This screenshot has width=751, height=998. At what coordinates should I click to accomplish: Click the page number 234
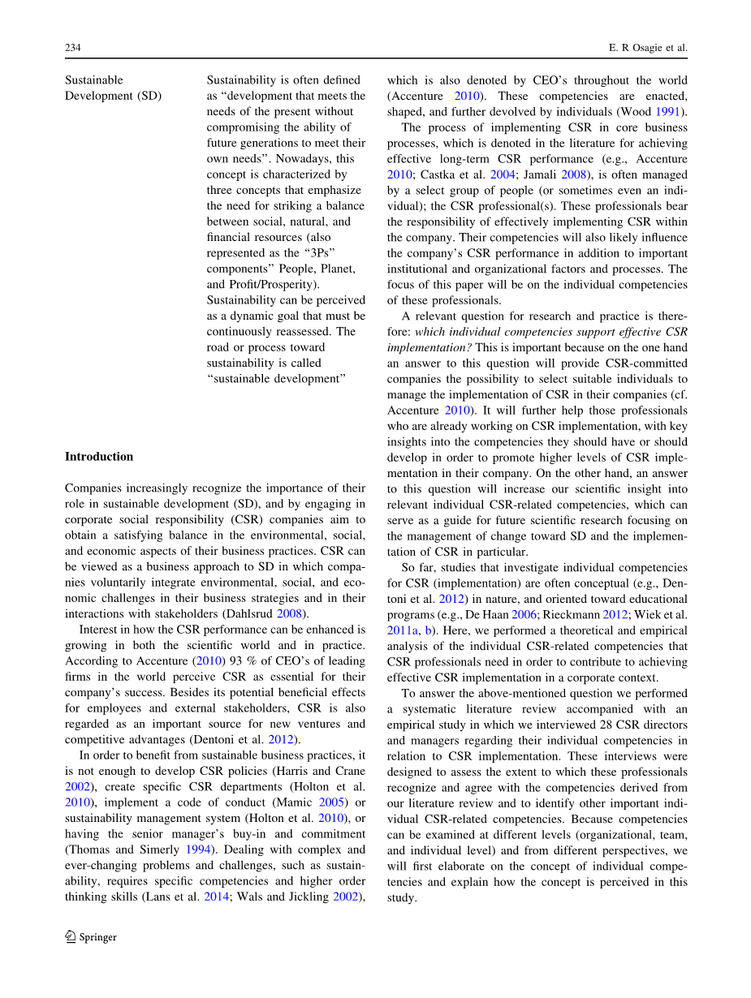tap(72, 49)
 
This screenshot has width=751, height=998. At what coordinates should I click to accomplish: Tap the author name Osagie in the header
tap(648, 49)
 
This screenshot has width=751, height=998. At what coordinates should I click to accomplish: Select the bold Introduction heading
tap(99, 457)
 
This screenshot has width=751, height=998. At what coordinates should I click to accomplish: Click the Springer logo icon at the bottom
tap(71, 936)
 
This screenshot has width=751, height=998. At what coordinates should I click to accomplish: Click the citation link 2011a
tap(403, 630)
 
